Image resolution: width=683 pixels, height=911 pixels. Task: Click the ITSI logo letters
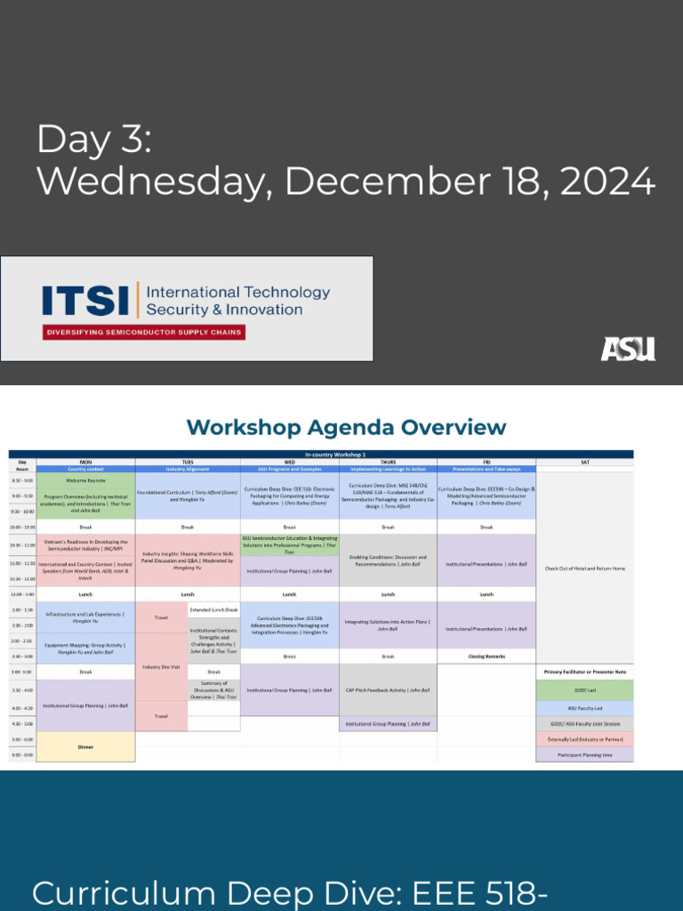click(86, 301)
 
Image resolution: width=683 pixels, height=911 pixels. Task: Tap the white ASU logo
click(628, 349)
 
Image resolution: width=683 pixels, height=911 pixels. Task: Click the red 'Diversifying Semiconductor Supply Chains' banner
click(143, 333)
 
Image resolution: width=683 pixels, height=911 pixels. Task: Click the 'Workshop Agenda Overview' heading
click(346, 428)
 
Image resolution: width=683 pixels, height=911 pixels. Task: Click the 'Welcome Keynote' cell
click(85, 480)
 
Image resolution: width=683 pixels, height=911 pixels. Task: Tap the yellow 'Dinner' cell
click(85, 747)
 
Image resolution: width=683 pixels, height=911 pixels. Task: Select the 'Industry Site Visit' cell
click(161, 666)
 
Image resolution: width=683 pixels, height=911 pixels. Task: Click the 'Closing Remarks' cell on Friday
click(486, 656)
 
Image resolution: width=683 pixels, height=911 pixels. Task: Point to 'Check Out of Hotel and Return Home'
click(584, 568)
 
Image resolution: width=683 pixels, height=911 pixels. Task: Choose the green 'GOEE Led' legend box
click(584, 689)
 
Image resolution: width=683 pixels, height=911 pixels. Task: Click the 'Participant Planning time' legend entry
click(584, 754)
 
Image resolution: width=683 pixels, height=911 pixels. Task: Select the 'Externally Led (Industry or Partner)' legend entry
click(584, 738)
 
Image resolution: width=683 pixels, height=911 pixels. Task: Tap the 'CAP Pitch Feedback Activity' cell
click(388, 689)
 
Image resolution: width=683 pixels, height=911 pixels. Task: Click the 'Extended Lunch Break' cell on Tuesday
click(213, 609)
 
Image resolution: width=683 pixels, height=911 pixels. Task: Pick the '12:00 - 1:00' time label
click(22, 593)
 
